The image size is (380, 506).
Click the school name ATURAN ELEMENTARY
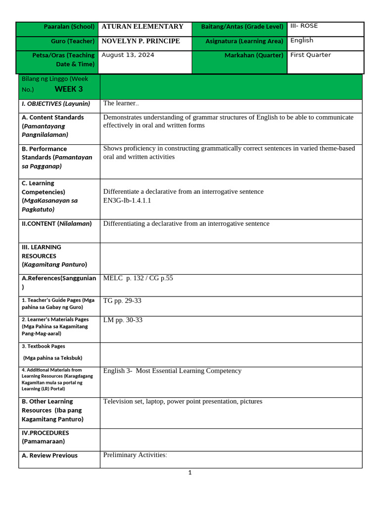coord(142,27)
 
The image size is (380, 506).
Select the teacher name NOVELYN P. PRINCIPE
coord(141,41)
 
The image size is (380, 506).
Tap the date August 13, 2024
coord(128,55)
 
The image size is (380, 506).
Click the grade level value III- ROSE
coord(304,26)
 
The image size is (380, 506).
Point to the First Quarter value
coord(310,55)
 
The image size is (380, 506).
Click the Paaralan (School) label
coord(69,27)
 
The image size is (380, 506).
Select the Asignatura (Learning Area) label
coord(244,41)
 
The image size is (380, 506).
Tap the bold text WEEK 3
coord(69,89)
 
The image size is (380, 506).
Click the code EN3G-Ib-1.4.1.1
coord(127,200)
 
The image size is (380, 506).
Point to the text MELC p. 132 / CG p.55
coord(138,278)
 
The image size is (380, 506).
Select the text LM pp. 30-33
coord(123,320)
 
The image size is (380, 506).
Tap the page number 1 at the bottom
coord(190,472)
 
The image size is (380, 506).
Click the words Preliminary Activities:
coord(135,455)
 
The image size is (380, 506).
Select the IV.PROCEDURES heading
coord(46,433)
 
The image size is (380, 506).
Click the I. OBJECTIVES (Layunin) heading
coord(56,104)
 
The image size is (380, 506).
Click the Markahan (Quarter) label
coord(254,55)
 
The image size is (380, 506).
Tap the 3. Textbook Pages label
coord(44,346)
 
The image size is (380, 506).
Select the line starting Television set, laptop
coord(183,401)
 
